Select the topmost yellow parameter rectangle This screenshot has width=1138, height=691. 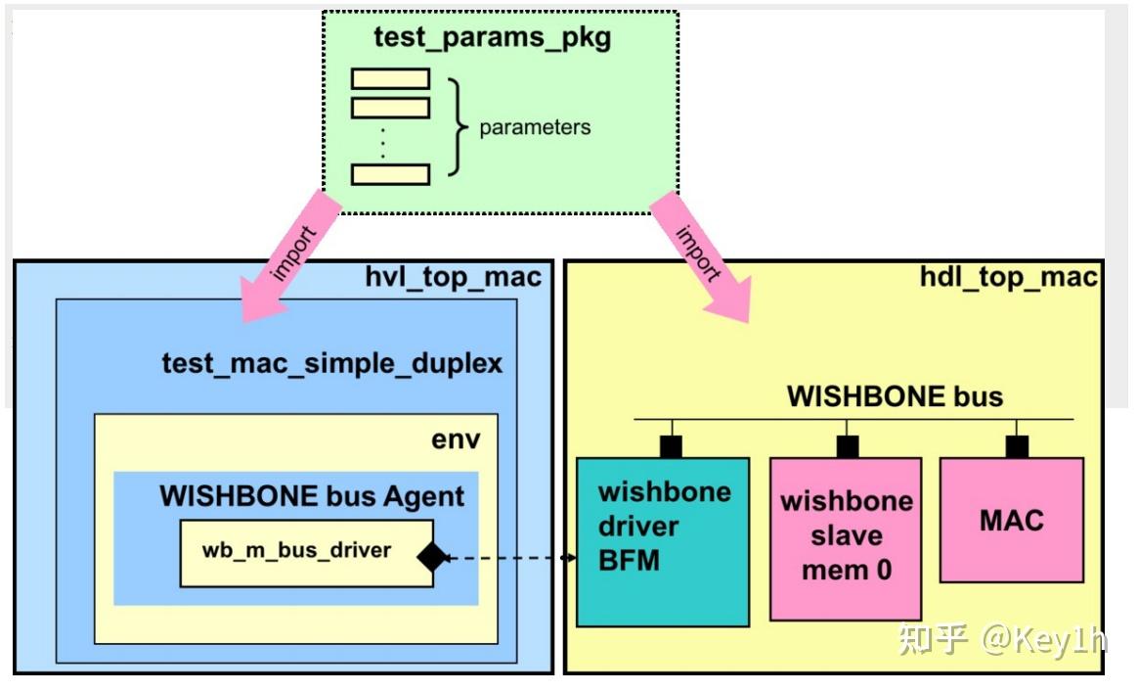click(390, 78)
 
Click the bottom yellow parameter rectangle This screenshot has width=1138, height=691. click(390, 174)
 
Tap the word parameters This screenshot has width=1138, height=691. click(535, 127)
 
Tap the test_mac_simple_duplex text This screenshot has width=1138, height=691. click(331, 364)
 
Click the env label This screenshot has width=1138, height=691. click(456, 439)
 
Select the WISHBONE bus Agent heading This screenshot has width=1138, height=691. click(312, 496)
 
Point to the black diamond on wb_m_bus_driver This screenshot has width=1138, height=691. click(431, 556)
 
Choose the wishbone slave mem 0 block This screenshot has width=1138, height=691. click(845, 537)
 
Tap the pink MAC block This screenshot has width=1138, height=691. click(1011, 520)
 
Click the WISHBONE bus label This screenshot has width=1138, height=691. click(895, 396)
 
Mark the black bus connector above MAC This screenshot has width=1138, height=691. click(1017, 446)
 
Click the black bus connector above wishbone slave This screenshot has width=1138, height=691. click(847, 446)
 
